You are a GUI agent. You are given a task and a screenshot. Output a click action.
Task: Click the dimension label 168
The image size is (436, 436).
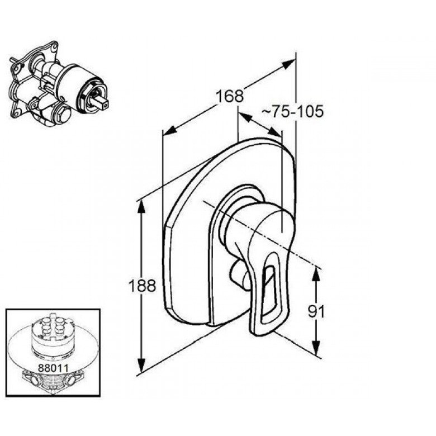click(230, 96)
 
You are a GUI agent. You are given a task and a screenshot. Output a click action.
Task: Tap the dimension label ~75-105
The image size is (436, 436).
click(292, 111)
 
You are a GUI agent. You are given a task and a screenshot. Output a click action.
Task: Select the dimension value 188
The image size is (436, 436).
click(142, 285)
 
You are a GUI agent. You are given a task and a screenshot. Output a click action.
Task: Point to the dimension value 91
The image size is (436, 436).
click(316, 312)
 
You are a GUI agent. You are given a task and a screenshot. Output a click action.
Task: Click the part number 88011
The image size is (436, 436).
click(53, 368)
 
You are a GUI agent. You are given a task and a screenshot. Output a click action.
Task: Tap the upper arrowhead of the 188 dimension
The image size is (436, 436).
click(141, 207)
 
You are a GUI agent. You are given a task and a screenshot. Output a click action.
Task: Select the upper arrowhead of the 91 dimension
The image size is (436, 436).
click(316, 274)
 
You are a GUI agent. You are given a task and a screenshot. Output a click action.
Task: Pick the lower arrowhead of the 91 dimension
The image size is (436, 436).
click(316, 348)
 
